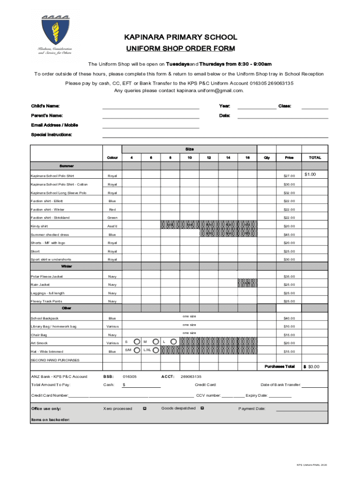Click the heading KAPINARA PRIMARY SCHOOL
point(180,37)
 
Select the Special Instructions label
point(51,135)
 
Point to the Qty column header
point(266,158)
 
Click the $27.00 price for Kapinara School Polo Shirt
point(289,176)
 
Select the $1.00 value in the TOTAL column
point(310,174)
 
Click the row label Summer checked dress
point(50,235)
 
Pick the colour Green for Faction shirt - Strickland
point(112,218)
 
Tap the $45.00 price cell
point(289,235)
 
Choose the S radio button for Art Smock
point(136,341)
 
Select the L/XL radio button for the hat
point(155,350)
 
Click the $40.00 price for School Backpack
point(289,319)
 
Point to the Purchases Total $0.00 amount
point(312,367)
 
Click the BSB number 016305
point(130,377)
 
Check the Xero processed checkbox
point(144,408)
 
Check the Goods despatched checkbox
point(202,408)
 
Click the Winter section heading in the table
point(66,266)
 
